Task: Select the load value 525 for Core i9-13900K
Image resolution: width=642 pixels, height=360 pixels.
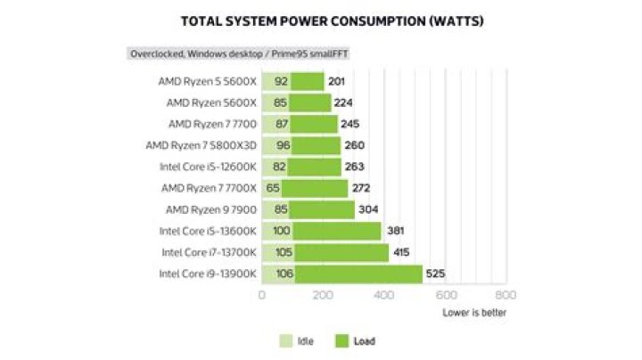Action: pos(434,274)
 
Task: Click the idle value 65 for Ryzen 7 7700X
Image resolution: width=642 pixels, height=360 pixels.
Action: pos(273,188)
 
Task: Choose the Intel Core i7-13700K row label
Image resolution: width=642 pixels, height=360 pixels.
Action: pos(209,253)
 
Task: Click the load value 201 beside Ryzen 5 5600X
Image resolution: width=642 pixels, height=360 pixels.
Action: pos(336,81)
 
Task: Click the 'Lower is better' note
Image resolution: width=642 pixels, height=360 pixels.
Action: pos(474,313)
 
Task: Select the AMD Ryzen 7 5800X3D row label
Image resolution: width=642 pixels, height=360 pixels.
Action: pos(202,145)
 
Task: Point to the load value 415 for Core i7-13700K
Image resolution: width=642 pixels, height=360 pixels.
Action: pos(401,253)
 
